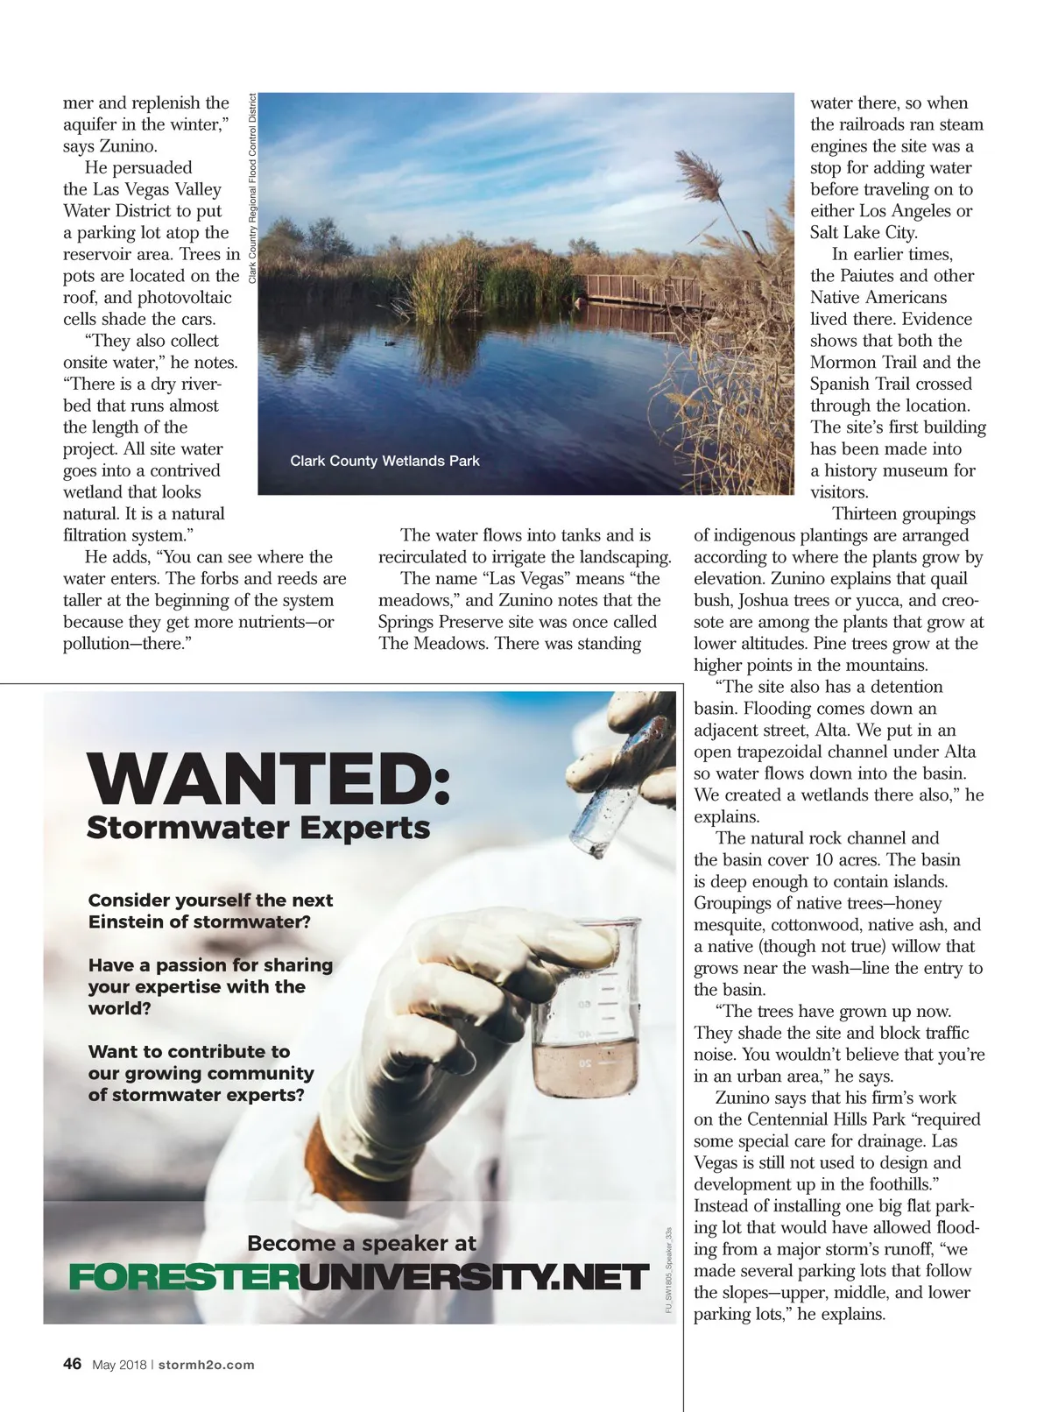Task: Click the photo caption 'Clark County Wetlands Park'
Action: pos(384,461)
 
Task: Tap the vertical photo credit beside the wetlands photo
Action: pos(252,188)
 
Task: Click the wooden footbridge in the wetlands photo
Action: pos(648,291)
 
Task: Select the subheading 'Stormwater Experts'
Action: pos(258,828)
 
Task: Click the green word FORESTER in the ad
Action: pos(183,1278)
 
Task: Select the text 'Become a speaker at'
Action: pos(361,1243)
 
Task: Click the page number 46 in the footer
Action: pos(73,1364)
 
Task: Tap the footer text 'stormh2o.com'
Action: pos(207,1365)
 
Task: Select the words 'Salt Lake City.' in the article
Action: pos(864,233)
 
